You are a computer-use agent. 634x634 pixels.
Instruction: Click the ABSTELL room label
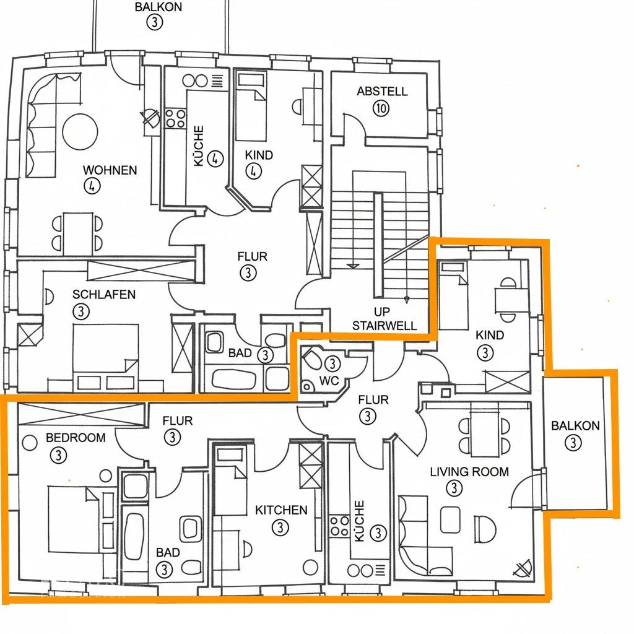coord(381,92)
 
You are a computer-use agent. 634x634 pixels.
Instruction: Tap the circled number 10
coord(381,108)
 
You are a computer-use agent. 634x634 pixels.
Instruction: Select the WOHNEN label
coord(110,170)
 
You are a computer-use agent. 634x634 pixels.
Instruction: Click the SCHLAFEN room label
coord(104,294)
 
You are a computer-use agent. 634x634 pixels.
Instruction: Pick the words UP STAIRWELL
coord(384,319)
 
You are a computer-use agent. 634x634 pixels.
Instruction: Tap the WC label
coord(329,381)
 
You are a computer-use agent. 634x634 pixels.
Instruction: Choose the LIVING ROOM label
coord(469,472)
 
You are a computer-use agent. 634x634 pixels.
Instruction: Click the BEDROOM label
coord(76,438)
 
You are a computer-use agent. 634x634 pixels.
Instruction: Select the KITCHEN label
coord(281,510)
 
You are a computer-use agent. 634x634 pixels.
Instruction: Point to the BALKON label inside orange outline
coord(575,426)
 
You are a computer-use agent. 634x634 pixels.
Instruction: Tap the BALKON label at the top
coord(158,7)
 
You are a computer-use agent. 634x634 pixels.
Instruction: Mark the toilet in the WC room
coord(312,359)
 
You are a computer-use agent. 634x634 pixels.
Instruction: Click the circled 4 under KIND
coord(253,171)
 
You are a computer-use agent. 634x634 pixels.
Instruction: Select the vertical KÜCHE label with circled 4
coord(199,145)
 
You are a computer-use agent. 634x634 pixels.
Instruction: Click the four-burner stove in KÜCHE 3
coord(339,526)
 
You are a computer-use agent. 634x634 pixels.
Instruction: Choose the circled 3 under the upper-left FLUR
coord(248,273)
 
